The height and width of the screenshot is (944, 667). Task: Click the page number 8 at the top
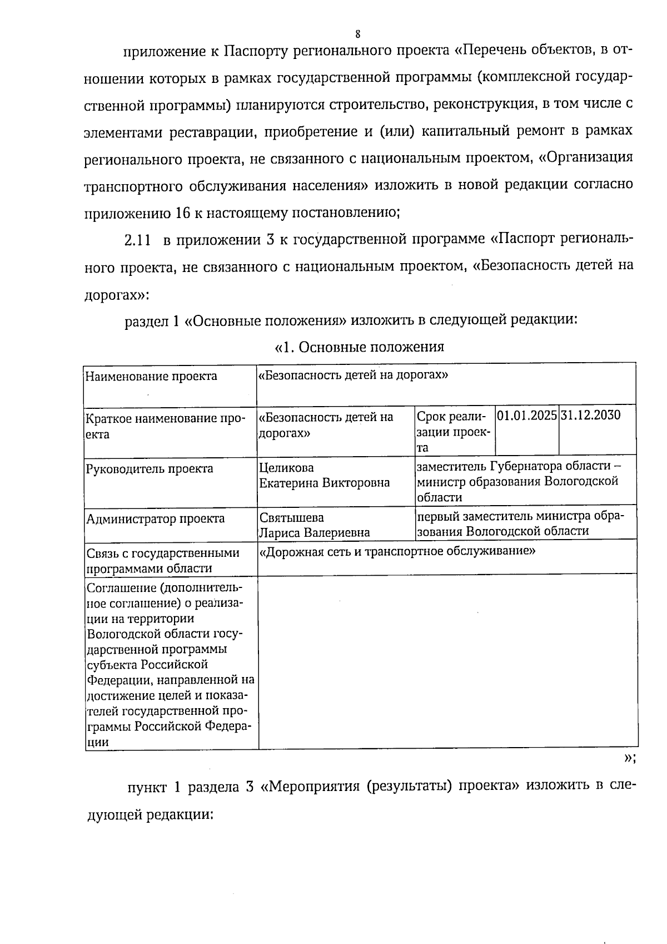pos(358,33)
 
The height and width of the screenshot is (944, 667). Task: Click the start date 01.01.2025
pos(526,415)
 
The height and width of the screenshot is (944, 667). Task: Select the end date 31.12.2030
pos(591,415)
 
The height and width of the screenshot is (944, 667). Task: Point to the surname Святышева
pos(292,517)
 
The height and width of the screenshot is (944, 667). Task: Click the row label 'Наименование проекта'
pos(151,377)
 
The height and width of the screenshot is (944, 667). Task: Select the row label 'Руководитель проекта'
pos(150,468)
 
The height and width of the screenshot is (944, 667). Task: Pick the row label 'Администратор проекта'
pos(155,519)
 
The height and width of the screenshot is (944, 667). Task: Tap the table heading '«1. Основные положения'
pos(360,347)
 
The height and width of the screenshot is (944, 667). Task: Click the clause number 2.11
pos(137,240)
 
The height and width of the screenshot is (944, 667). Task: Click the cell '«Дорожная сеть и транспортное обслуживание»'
pos(397,551)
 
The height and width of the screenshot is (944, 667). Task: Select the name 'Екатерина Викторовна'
pos(325,482)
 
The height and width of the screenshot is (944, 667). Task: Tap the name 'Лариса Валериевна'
pos(315,532)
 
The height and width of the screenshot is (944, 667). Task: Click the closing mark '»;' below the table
pos(630,758)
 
